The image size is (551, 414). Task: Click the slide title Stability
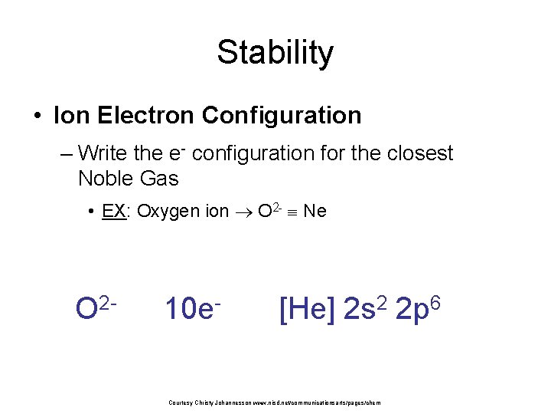[275, 53]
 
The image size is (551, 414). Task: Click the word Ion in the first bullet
[70, 116]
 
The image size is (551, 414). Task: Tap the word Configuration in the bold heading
[282, 116]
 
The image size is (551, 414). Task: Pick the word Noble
[106, 179]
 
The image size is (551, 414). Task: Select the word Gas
[159, 179]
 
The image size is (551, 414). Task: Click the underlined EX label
[113, 211]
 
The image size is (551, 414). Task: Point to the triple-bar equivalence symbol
[291, 212]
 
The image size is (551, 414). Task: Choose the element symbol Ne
[315, 211]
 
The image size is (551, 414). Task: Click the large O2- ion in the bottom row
[96, 308]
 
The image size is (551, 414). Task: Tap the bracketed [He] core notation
[307, 309]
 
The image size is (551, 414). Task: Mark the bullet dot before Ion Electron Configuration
[36, 117]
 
